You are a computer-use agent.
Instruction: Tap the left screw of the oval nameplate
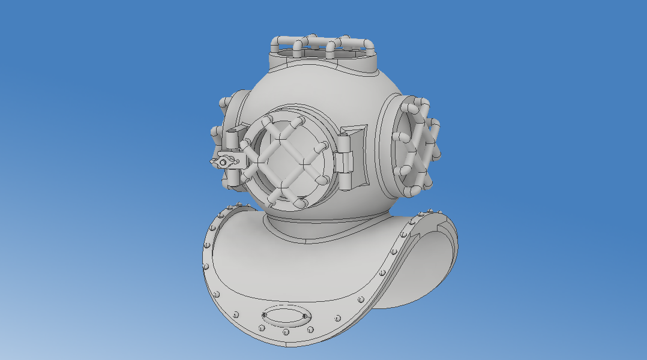tap(265, 314)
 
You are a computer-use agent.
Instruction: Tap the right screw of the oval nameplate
tap(305, 316)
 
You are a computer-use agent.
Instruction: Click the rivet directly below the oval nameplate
tap(286, 332)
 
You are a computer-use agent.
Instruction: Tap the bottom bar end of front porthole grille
tap(298, 204)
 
